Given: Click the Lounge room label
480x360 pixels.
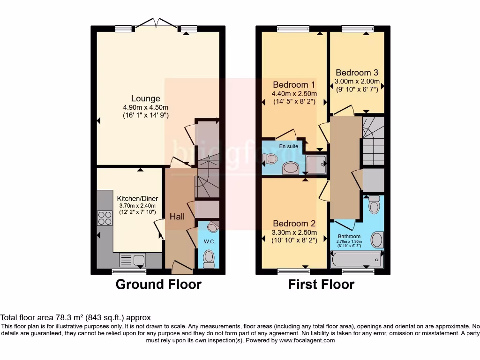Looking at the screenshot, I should (145, 99).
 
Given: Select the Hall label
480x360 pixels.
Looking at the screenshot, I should (177, 217).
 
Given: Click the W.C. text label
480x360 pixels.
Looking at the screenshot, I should (209, 242).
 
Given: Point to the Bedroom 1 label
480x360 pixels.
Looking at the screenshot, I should (294, 85).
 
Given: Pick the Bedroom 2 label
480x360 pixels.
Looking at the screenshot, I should (294, 224).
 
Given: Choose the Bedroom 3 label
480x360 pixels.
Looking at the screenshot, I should (357, 73).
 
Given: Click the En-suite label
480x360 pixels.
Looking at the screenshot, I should (289, 146).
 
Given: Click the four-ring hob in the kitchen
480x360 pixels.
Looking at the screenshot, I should (105, 218).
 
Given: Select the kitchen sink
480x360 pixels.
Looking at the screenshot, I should (132, 259).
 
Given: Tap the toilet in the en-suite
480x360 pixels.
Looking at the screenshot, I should (270, 159).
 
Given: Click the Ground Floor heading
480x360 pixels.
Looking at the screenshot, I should (158, 285).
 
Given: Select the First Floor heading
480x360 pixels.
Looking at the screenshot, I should (321, 285).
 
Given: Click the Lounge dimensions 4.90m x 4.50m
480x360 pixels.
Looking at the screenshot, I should (145, 107).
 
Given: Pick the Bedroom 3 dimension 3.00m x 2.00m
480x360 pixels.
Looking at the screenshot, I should (357, 81).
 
